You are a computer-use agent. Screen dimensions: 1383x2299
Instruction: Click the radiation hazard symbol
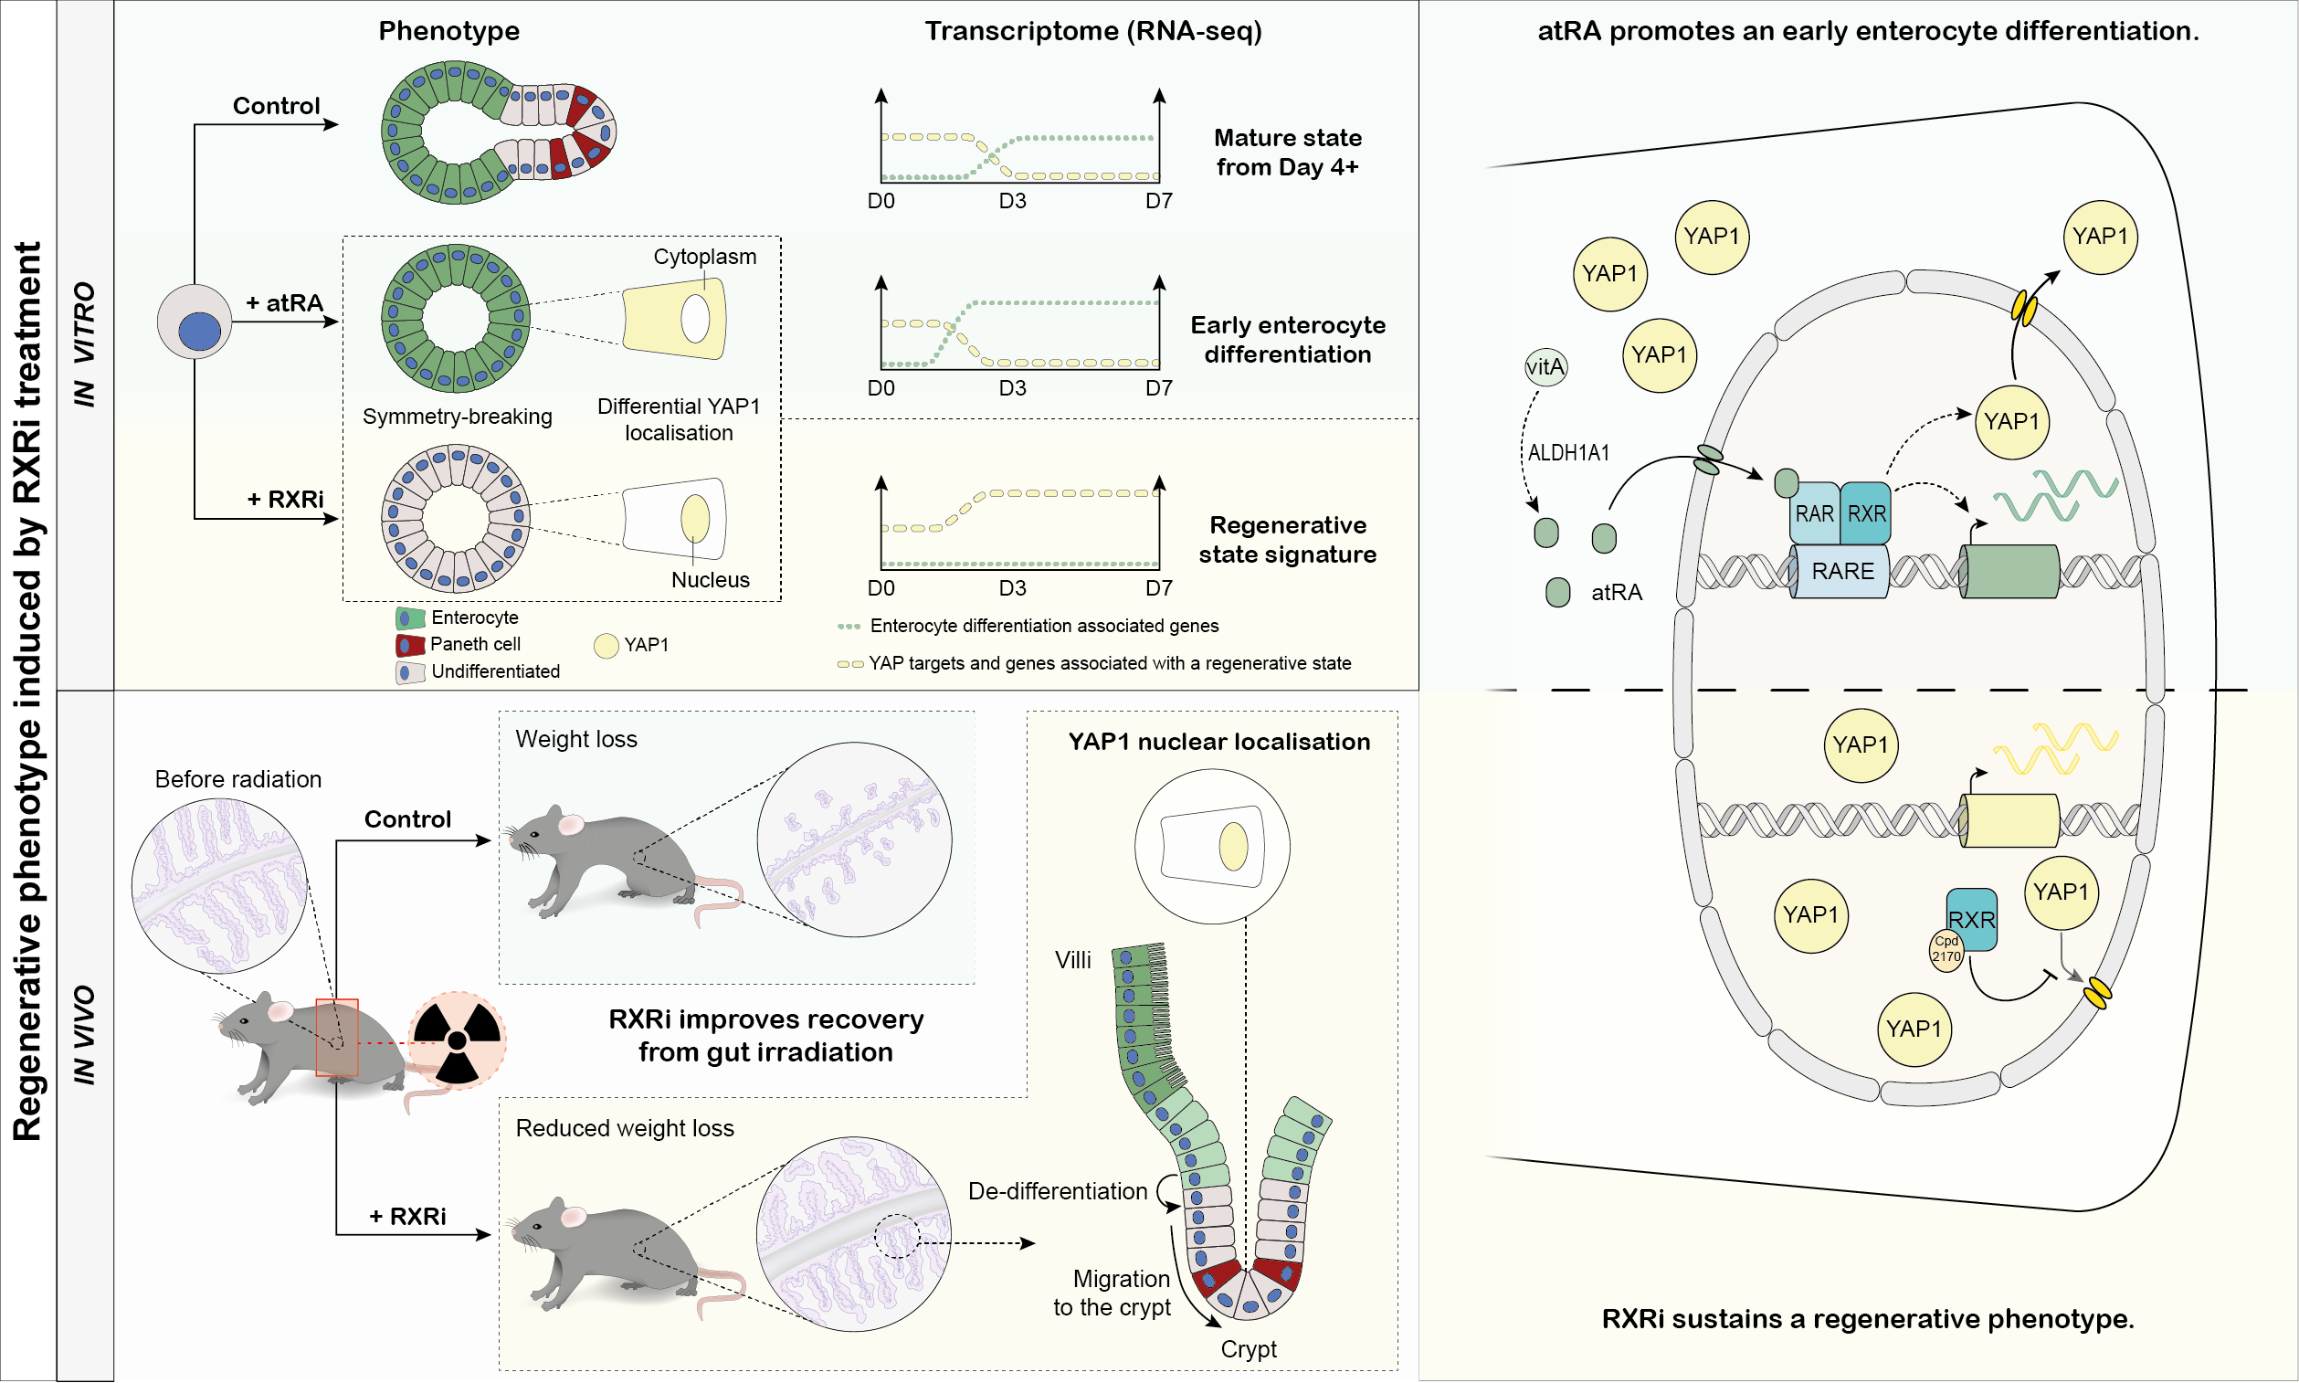[457, 1040]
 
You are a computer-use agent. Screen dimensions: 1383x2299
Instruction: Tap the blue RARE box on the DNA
[1841, 571]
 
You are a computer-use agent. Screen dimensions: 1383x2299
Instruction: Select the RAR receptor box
[1813, 513]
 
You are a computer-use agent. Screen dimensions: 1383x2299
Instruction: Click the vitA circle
[1545, 366]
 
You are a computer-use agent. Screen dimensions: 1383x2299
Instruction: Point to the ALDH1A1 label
[1568, 453]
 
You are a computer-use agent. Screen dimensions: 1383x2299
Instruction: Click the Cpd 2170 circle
[1945, 950]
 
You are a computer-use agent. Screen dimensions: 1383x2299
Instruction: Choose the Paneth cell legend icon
[410, 645]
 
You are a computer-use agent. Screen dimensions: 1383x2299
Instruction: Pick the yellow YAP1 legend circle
[606, 646]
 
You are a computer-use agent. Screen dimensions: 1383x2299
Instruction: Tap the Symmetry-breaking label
[457, 417]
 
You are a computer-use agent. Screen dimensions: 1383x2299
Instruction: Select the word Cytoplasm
[704, 257]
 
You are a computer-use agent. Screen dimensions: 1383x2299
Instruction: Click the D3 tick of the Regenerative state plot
[1012, 588]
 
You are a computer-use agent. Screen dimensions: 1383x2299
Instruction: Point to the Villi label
[1072, 961]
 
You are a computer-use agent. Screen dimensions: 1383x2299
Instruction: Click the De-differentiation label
[1057, 1192]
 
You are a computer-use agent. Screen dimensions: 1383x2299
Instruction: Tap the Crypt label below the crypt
[1249, 1349]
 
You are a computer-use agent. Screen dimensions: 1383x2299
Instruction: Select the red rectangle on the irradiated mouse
[336, 1038]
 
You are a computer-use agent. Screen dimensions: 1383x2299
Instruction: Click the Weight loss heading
[576, 740]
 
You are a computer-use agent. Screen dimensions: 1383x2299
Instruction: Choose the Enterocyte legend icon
[410, 618]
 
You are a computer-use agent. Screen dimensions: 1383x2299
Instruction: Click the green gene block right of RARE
[2010, 571]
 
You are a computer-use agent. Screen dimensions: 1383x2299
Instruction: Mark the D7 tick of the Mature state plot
[1158, 201]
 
